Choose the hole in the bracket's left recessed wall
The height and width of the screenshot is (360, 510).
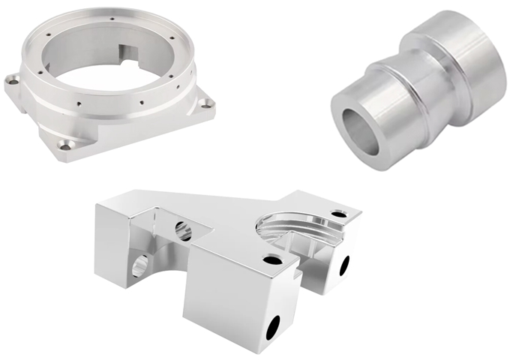point(184,228)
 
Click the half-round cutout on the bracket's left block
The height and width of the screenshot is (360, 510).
point(139,264)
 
